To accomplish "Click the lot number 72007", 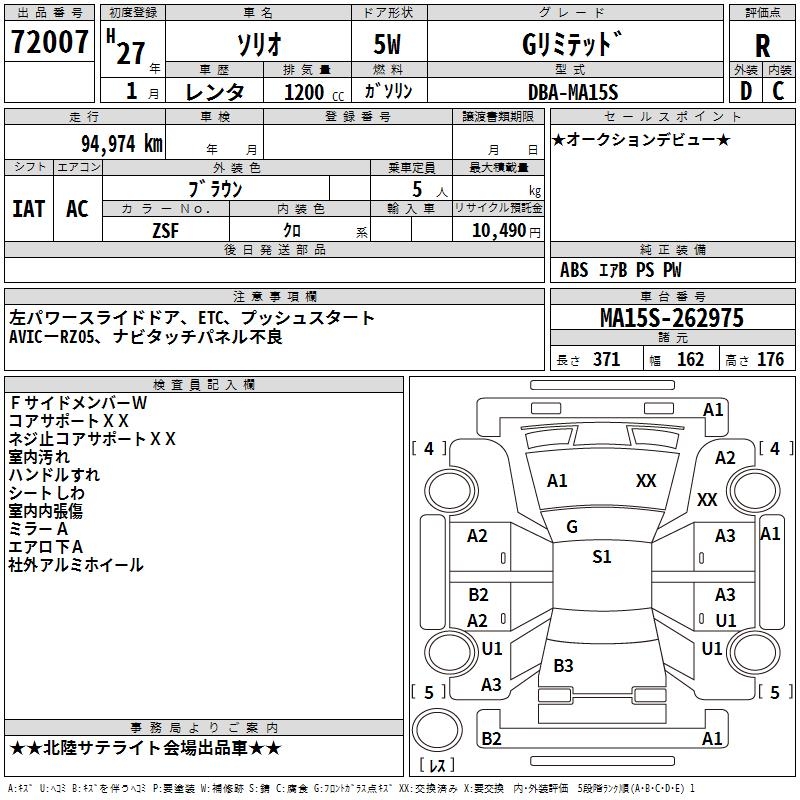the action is [50, 44].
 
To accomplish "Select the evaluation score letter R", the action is [762, 46].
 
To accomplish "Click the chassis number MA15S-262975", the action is [672, 318].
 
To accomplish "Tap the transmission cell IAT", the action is [29, 208].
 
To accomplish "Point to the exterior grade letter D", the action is [745, 91].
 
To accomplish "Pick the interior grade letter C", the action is [778, 91].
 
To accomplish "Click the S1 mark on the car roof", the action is [601, 557].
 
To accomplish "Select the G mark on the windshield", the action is [572, 527].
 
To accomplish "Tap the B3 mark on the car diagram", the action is [563, 665].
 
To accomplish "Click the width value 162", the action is [690, 360].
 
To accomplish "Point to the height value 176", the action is [770, 360].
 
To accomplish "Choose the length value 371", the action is [605, 360].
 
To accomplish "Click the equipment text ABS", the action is [574, 270].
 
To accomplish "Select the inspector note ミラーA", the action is [38, 528].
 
